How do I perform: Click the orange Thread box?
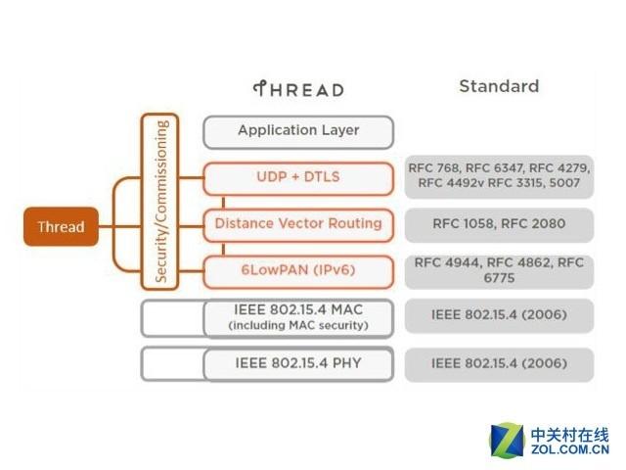tap(61, 227)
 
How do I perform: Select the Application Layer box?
tap(298, 131)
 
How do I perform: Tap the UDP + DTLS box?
tap(298, 176)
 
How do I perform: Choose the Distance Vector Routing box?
tap(298, 223)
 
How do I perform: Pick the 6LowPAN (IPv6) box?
tap(298, 269)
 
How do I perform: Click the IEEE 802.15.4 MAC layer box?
tap(298, 316)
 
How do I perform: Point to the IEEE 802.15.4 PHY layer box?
tap(298, 363)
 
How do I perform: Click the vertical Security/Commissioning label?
tap(161, 201)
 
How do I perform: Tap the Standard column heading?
tap(499, 86)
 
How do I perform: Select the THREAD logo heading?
tap(298, 89)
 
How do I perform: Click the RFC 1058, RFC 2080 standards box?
tap(499, 223)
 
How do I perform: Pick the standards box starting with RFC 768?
tap(499, 176)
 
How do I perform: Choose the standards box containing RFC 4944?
tap(499, 270)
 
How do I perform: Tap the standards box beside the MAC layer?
tap(499, 316)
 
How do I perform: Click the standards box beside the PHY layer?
tap(499, 363)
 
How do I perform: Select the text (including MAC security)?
tap(298, 325)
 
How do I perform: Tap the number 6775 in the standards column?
tap(499, 279)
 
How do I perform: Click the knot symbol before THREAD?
tap(260, 89)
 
